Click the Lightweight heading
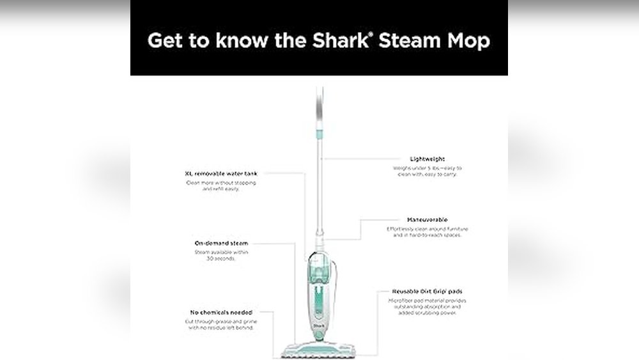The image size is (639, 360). pos(427,159)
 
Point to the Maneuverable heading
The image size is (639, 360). pos(427,219)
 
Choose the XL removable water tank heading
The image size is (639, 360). pos(213,173)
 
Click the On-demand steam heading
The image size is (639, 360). pos(221,243)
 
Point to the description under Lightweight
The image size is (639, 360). pos(427,171)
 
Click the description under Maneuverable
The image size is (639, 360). pos(427,232)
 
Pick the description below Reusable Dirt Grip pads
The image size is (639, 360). pos(424,307)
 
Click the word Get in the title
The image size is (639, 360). pos(164,41)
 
